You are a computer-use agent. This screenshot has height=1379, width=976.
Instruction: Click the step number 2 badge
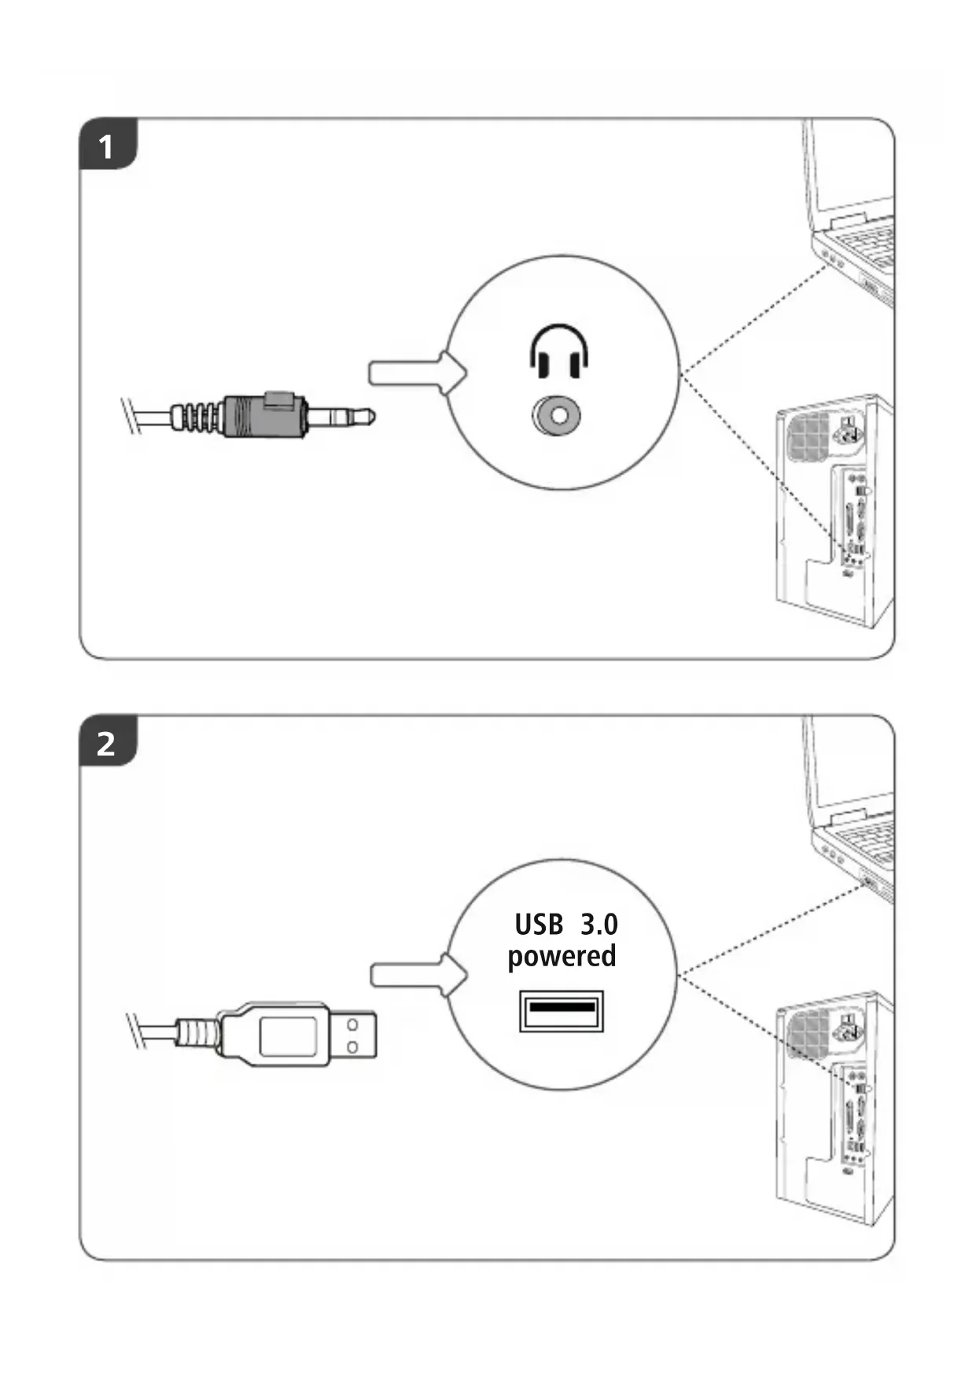pyautogui.click(x=106, y=743)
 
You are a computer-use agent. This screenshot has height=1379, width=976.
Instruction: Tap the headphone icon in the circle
pyautogui.click(x=559, y=351)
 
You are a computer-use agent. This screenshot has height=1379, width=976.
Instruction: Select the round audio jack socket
pyautogui.click(x=558, y=415)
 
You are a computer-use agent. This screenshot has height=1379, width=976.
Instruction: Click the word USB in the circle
pyautogui.click(x=539, y=925)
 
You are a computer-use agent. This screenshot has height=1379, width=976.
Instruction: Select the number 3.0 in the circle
pyautogui.click(x=599, y=925)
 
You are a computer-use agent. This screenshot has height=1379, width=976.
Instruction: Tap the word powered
pyautogui.click(x=562, y=957)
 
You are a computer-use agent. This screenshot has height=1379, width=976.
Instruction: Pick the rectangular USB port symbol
pyautogui.click(x=561, y=1010)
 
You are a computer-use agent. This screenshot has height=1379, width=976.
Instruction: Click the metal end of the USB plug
pyautogui.click(x=353, y=1035)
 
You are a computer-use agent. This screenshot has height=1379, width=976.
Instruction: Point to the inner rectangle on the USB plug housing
pyautogui.click(x=288, y=1035)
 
